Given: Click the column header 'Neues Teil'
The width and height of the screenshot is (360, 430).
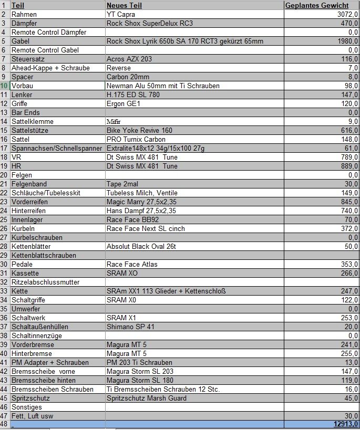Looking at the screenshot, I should (124, 5).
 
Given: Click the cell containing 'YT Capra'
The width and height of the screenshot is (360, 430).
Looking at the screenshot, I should (120, 14).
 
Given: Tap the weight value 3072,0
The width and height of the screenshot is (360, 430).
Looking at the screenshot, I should (347, 14).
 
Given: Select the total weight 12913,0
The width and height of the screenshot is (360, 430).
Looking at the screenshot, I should (345, 424).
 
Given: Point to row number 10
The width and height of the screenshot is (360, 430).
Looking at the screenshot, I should (5, 86).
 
